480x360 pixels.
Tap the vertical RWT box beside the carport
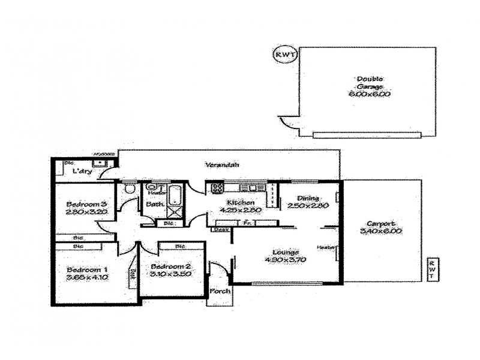pos(431,269)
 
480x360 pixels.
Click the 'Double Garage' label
pos(370,82)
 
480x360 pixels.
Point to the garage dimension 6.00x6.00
pos(370,94)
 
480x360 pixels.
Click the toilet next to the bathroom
pos(129,189)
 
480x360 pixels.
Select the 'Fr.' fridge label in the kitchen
pos(247,223)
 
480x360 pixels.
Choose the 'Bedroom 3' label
pos(86,203)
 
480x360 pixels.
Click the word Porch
pos(216,292)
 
